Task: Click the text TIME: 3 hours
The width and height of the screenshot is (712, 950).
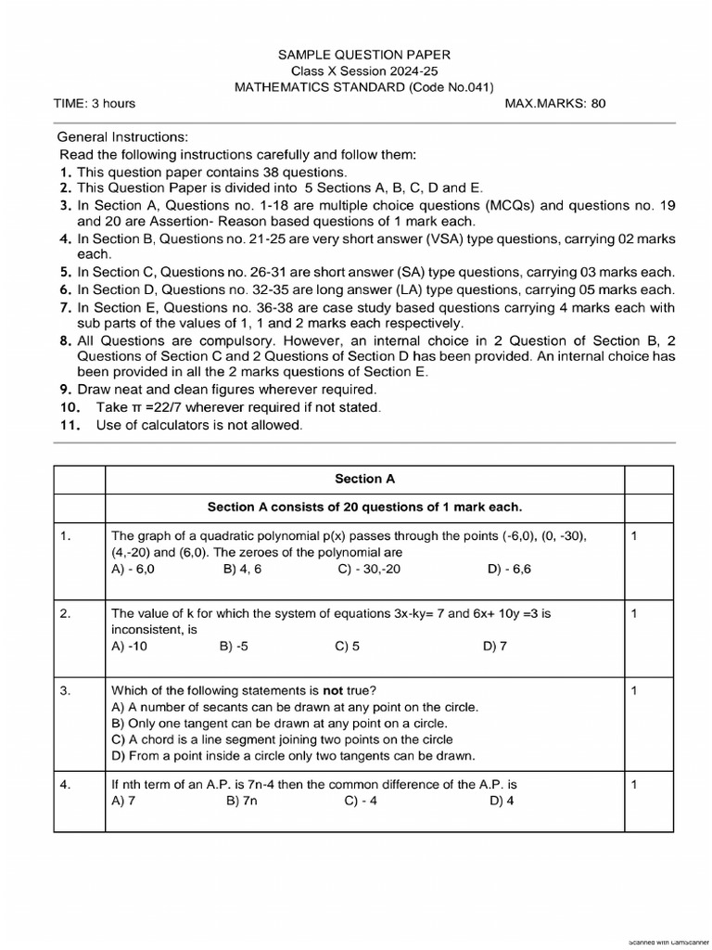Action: (x=95, y=103)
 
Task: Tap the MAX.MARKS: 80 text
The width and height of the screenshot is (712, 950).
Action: (x=554, y=103)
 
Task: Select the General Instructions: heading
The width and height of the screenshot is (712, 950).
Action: (x=122, y=136)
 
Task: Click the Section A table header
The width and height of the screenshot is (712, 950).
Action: (x=364, y=479)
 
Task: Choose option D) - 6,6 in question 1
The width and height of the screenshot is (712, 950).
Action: (x=509, y=569)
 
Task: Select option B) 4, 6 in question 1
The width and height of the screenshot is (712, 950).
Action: (x=242, y=569)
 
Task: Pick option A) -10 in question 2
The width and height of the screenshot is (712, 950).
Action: (x=129, y=647)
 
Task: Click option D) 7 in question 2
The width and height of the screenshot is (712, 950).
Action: (x=494, y=647)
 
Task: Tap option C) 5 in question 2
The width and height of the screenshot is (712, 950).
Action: (x=347, y=647)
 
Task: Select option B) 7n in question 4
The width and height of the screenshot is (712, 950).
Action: (x=241, y=801)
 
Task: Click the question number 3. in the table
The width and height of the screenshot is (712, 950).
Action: (x=66, y=690)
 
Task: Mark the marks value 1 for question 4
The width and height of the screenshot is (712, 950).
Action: (x=633, y=785)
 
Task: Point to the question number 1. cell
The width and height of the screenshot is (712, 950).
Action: (x=66, y=536)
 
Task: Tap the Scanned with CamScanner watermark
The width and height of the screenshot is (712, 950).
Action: (x=667, y=943)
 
